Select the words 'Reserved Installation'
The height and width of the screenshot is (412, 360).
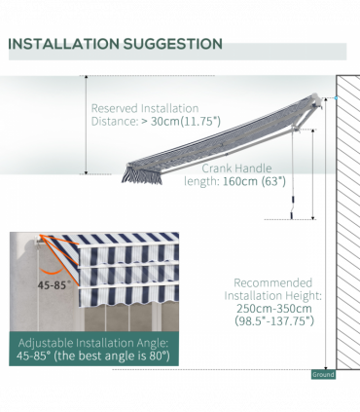click(x=144, y=108)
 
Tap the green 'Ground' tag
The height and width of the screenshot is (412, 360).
click(x=323, y=374)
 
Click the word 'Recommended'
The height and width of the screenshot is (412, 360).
click(x=273, y=282)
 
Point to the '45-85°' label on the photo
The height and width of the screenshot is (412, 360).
click(x=54, y=286)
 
